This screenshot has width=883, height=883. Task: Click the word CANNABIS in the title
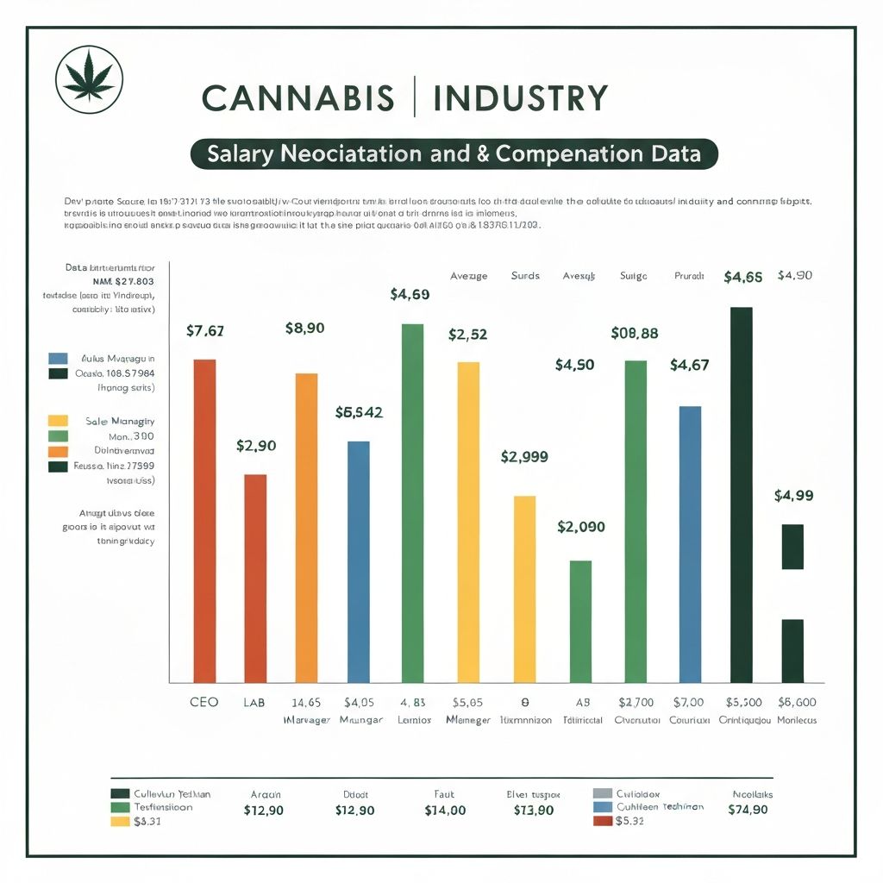(297, 98)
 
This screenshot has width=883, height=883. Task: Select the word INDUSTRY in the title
(521, 98)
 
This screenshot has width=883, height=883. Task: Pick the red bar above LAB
(255, 578)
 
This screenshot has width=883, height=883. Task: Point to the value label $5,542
(359, 412)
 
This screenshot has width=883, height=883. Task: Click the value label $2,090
(581, 526)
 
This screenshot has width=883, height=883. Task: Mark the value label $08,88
(635, 333)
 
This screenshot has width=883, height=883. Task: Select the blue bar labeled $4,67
(690, 543)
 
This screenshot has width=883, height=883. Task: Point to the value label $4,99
(793, 495)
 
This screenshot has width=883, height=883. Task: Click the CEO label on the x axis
(204, 702)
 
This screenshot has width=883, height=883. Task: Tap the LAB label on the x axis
(255, 702)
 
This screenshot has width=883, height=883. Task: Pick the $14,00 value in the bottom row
(445, 811)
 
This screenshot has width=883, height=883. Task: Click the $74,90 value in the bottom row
(747, 810)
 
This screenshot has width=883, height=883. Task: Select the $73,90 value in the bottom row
(535, 811)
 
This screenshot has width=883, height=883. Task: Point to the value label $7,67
(205, 331)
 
